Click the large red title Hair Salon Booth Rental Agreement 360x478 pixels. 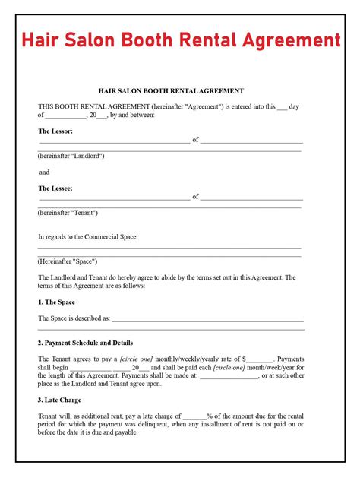click(179, 40)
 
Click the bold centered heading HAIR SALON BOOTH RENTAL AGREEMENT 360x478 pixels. click(171, 91)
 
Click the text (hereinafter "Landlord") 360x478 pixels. click(71, 156)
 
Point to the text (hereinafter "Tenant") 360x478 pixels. click(68, 213)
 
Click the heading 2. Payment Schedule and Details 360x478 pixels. click(85, 343)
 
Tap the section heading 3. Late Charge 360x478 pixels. click(60, 400)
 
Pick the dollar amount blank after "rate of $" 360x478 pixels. click(260, 359)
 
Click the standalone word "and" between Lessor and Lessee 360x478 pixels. click(44, 173)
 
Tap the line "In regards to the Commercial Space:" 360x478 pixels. click(88, 237)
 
